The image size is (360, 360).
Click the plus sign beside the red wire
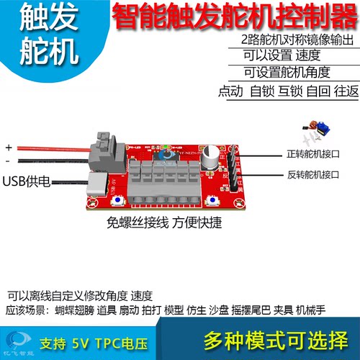pos(9,145)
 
